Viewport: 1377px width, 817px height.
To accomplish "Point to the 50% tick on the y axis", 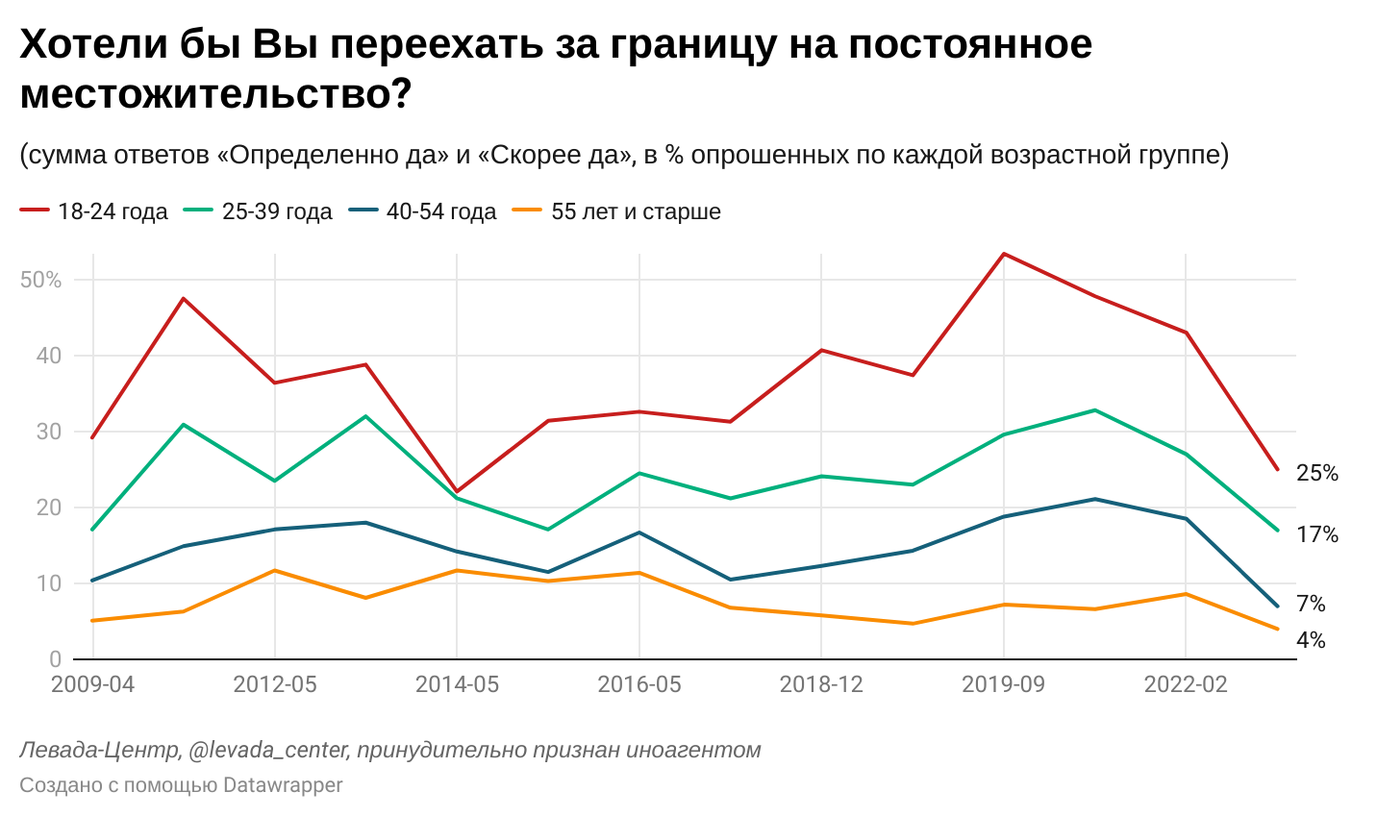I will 40,280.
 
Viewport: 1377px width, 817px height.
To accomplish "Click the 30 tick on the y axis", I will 48,432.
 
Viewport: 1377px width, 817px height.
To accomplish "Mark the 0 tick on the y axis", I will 55,659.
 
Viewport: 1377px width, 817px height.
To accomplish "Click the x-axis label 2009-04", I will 92,684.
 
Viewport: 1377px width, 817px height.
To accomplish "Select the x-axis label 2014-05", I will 457,684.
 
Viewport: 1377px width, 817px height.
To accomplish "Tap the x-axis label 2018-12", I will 821,684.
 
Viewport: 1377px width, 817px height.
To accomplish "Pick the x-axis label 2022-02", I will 1186,684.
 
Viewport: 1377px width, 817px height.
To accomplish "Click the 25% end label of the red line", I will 1316,473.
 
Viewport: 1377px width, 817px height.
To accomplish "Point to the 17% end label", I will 1316,534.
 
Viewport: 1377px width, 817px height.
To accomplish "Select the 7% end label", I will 1311,604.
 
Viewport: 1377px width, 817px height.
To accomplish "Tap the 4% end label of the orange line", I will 1311,640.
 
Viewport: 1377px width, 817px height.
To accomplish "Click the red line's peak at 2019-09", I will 1004,254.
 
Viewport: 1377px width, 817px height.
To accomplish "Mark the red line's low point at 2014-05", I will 457,491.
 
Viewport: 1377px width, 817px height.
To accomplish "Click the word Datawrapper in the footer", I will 283,785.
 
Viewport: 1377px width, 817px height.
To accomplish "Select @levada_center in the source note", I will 267,750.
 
